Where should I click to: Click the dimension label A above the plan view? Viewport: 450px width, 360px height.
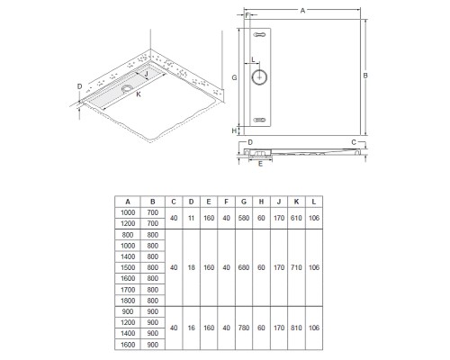[x=302, y=11]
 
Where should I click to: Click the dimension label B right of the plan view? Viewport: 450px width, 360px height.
[x=365, y=76]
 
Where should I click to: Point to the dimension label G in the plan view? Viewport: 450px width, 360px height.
[x=235, y=77]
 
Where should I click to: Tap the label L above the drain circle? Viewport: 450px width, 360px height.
[x=253, y=59]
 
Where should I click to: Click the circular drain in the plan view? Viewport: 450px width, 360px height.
[x=259, y=77]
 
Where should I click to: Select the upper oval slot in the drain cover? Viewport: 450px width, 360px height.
[x=259, y=35]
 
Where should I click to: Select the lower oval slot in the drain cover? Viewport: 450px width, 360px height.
[x=259, y=120]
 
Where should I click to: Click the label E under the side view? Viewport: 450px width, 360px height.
[x=260, y=164]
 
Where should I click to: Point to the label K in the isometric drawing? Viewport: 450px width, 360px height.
[x=139, y=94]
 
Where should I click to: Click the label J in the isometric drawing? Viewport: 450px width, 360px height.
[x=147, y=74]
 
